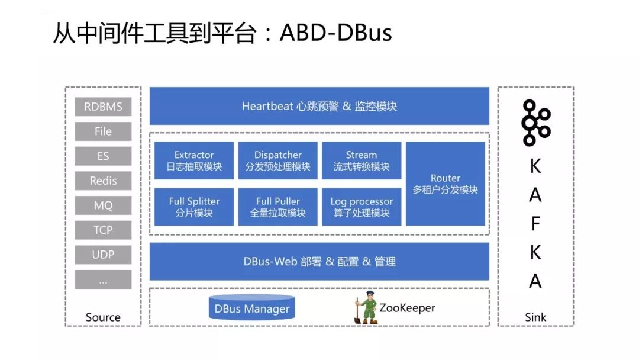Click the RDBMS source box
coord(103,107)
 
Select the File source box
coord(103,131)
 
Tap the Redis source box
coord(103,181)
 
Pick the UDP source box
coord(103,255)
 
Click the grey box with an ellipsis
coord(103,279)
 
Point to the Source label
coord(103,317)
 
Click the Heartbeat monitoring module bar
coord(319,106)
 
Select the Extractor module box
coord(194,160)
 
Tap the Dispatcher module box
coord(278,160)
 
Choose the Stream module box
coord(362,160)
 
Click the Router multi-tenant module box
coord(446,184)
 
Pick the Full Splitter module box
coord(194,207)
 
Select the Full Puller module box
coord(278,207)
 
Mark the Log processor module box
coord(362,207)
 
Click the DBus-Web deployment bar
coord(319,261)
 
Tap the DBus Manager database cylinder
coord(252,307)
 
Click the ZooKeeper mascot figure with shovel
coord(366,308)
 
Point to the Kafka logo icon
coord(535,123)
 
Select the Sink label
coord(535,317)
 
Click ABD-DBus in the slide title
coord(336,33)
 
